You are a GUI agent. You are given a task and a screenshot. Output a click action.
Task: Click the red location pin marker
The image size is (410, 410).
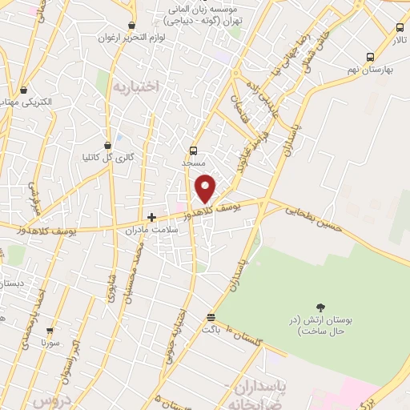[x=206, y=188]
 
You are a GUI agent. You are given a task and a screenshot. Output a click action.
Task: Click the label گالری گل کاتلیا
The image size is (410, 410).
[x=115, y=157]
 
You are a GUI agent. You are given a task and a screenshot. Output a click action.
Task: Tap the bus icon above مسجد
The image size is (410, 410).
[x=193, y=151]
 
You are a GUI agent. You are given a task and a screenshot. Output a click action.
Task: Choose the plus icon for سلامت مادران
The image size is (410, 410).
[x=151, y=217]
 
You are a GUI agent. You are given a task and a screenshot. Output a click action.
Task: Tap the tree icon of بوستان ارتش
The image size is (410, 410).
[x=321, y=307]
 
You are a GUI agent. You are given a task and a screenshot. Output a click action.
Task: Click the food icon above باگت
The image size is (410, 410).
[x=211, y=316]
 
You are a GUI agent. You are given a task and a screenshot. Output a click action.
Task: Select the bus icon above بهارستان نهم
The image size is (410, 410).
[x=369, y=57]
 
